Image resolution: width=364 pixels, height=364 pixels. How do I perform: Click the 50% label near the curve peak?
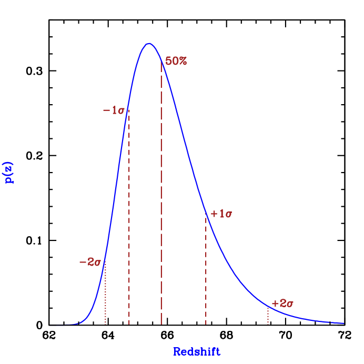click(x=176, y=61)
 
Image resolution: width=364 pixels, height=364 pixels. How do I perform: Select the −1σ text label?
click(x=114, y=110)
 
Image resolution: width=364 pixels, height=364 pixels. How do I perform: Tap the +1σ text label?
click(x=221, y=214)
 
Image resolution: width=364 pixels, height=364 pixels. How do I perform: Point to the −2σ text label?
click(x=90, y=262)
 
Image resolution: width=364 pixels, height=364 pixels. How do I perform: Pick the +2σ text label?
click(x=282, y=304)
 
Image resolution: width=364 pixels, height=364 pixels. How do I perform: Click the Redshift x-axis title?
click(x=197, y=352)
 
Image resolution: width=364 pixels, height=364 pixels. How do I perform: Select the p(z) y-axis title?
click(x=9, y=173)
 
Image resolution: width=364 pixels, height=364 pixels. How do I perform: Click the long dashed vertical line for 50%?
click(x=161, y=210)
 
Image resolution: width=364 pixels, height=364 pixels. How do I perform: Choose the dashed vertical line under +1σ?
click(x=206, y=274)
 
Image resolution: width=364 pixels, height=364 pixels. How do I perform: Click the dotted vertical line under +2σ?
click(x=268, y=316)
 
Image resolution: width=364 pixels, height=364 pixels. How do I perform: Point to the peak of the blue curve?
click(x=149, y=43)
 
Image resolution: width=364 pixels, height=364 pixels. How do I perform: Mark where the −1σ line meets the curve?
click(x=129, y=110)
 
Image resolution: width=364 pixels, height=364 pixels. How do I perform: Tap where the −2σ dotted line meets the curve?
click(x=106, y=261)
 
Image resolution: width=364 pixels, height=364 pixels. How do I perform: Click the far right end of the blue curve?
click(x=343, y=323)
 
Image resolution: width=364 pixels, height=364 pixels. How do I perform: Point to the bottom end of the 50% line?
click(x=161, y=324)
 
